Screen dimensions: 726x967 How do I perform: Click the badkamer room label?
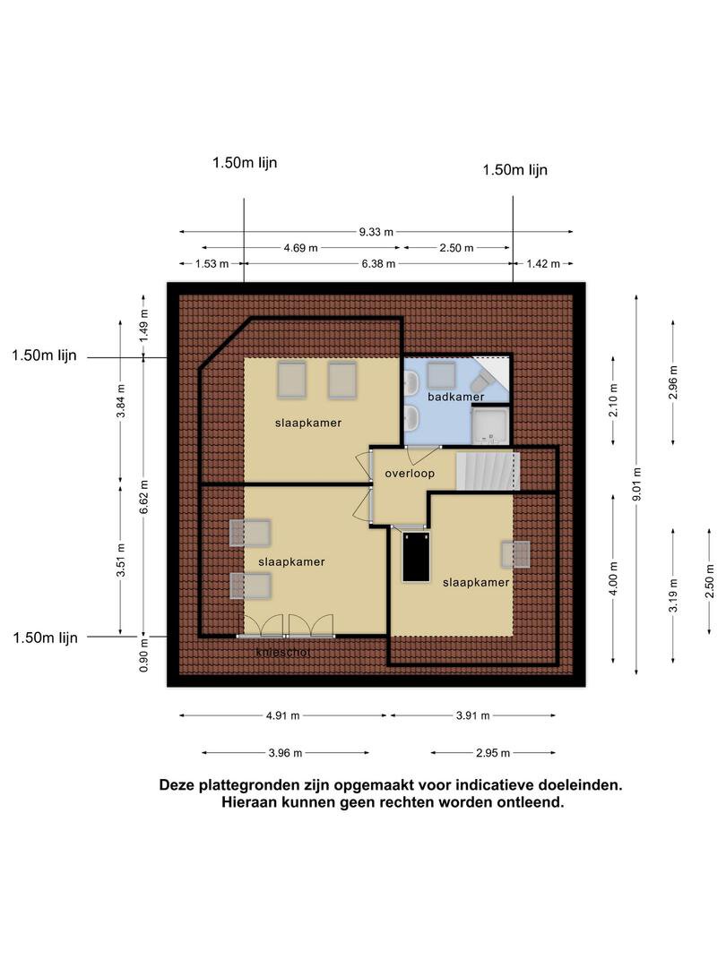tap(455, 397)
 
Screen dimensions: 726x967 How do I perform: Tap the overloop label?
tap(410, 473)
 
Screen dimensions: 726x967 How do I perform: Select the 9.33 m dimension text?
tap(376, 232)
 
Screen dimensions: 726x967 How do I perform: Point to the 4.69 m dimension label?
tap(300, 248)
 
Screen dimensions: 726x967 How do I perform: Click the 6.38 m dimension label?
tap(378, 264)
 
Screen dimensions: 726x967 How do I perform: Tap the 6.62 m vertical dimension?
tap(143, 496)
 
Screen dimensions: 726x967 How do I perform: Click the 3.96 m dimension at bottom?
tap(285, 753)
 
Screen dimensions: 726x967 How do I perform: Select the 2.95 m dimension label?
tap(493, 753)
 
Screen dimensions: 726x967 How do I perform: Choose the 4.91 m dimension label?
tap(282, 716)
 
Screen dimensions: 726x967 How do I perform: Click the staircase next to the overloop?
tap(488, 471)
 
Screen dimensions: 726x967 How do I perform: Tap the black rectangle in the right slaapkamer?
tap(416, 558)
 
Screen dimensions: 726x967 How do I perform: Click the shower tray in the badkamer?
tap(490, 425)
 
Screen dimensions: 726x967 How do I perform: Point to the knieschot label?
tap(283, 652)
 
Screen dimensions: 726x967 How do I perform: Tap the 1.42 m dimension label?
tap(543, 264)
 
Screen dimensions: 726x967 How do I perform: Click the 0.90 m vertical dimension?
tap(143, 662)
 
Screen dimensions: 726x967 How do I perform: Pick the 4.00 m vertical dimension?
tap(613, 578)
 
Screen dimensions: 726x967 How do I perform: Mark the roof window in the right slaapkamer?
tap(515, 554)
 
